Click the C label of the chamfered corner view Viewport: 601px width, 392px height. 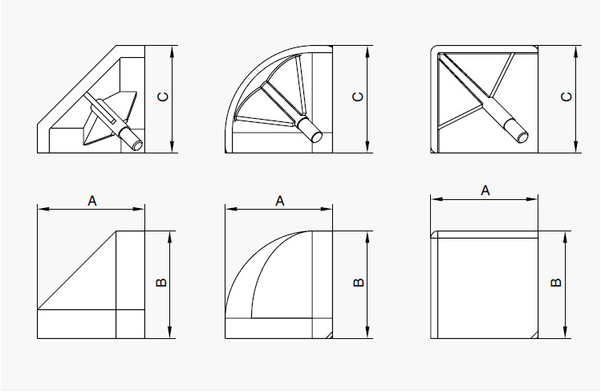163,96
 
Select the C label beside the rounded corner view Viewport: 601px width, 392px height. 358,96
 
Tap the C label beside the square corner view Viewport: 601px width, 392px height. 566,96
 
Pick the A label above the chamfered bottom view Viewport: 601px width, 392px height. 92,201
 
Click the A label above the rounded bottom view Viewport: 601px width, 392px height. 280,201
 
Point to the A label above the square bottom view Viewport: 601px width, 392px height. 485,190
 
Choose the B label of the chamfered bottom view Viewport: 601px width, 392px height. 162,283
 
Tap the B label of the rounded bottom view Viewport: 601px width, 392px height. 359,283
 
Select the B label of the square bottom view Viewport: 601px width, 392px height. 556,283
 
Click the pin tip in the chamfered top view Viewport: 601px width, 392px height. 137,145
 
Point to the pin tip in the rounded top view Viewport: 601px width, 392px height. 317,137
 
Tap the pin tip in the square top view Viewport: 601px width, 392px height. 523,137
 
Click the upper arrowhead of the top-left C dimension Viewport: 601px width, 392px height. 172,51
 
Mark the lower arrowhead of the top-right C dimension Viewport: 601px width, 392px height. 575,147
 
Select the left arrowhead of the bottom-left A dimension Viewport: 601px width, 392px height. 43,209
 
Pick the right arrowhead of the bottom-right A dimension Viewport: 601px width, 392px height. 532,199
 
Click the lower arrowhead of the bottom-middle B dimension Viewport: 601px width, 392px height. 368,333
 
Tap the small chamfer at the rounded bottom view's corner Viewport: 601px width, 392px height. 329,335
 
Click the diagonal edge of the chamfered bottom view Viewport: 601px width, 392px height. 77,270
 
